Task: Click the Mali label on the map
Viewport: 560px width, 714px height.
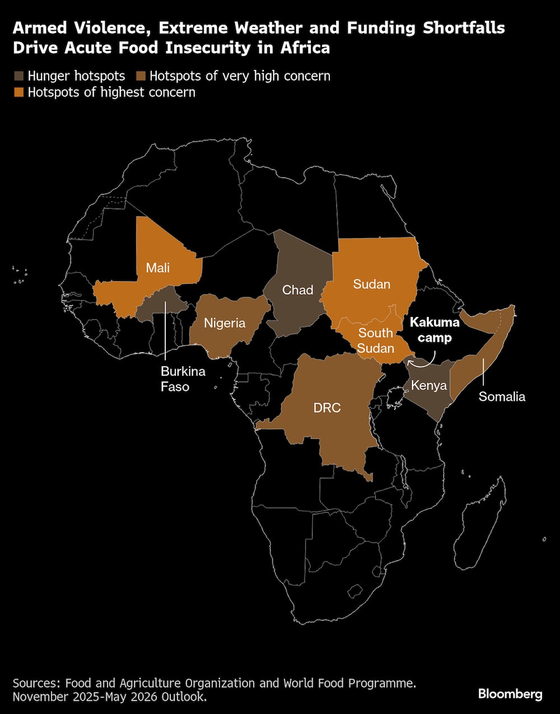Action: click(x=158, y=268)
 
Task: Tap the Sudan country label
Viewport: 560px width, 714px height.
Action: click(x=371, y=284)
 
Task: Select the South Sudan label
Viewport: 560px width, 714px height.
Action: click(x=375, y=340)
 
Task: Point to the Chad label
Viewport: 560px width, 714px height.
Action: click(x=297, y=290)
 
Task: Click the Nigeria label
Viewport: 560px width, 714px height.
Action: click(x=225, y=323)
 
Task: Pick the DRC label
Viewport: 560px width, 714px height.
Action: click(x=327, y=408)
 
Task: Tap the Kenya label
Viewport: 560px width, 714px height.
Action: click(x=428, y=385)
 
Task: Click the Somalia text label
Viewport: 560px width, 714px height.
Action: click(x=502, y=396)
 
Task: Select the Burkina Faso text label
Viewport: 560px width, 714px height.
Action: click(x=183, y=379)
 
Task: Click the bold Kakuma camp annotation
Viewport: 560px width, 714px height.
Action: click(x=435, y=330)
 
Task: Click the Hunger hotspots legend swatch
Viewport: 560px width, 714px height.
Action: click(x=19, y=76)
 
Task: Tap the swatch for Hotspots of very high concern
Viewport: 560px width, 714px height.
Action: click(x=141, y=76)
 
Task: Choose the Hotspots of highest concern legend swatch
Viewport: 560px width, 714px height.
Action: click(x=19, y=92)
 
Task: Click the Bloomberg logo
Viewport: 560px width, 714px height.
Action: click(x=510, y=694)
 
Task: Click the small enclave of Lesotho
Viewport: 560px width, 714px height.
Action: click(x=354, y=591)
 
